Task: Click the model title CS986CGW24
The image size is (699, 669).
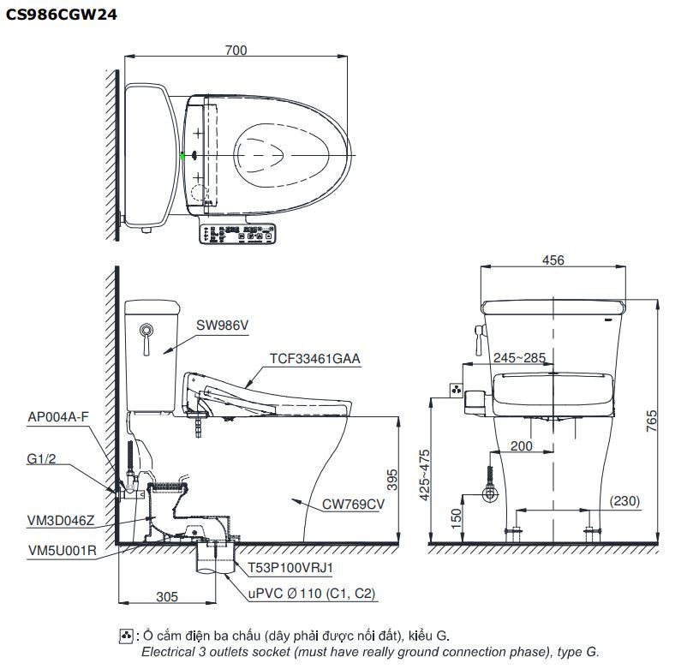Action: pos(62,15)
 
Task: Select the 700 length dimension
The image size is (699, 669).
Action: pos(236,51)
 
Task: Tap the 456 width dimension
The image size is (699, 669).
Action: pos(553,260)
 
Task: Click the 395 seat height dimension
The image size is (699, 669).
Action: pos(392,480)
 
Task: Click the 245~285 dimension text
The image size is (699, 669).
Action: pos(518,358)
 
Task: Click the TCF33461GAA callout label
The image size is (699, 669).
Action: pos(314,359)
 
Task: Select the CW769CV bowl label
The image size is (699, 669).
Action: pos(353,504)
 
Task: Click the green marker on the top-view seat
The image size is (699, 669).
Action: pos(183,156)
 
